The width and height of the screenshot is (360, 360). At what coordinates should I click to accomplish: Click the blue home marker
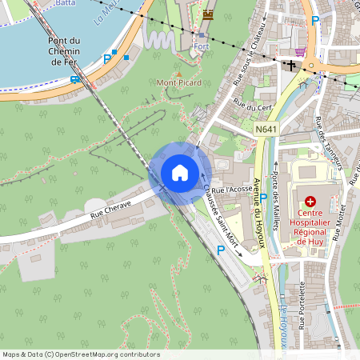click(x=180, y=172)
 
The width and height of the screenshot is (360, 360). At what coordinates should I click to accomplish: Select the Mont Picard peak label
click(x=179, y=82)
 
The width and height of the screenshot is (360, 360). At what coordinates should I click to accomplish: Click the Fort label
click(x=201, y=46)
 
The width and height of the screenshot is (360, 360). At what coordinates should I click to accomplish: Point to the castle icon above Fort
click(x=209, y=14)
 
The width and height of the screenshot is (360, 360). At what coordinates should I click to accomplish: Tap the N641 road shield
click(x=267, y=129)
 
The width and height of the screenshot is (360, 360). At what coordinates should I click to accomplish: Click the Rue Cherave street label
click(x=110, y=212)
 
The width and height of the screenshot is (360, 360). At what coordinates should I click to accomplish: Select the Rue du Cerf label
click(x=250, y=105)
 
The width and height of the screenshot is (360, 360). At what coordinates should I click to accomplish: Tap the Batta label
click(x=65, y=3)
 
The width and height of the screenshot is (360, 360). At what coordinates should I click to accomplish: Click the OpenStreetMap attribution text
click(x=81, y=354)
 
